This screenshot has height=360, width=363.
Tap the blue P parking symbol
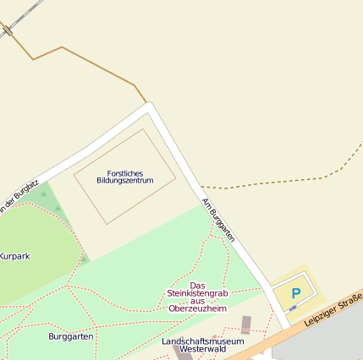coord(295,293)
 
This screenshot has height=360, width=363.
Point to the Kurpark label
coord(14,255)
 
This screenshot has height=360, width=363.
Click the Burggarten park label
coord(71,336)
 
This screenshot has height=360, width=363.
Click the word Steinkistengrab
coord(197,293)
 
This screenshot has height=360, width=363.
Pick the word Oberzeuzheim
coord(197,308)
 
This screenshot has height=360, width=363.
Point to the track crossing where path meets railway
coord(7,30)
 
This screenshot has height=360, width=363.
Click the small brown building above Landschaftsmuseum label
coord(246,324)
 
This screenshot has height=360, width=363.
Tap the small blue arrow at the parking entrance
coord(292,309)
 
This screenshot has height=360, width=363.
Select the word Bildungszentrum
coord(124,181)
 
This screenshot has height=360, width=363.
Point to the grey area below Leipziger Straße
coord(330,338)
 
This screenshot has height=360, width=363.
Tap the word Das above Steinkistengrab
coord(197,285)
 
